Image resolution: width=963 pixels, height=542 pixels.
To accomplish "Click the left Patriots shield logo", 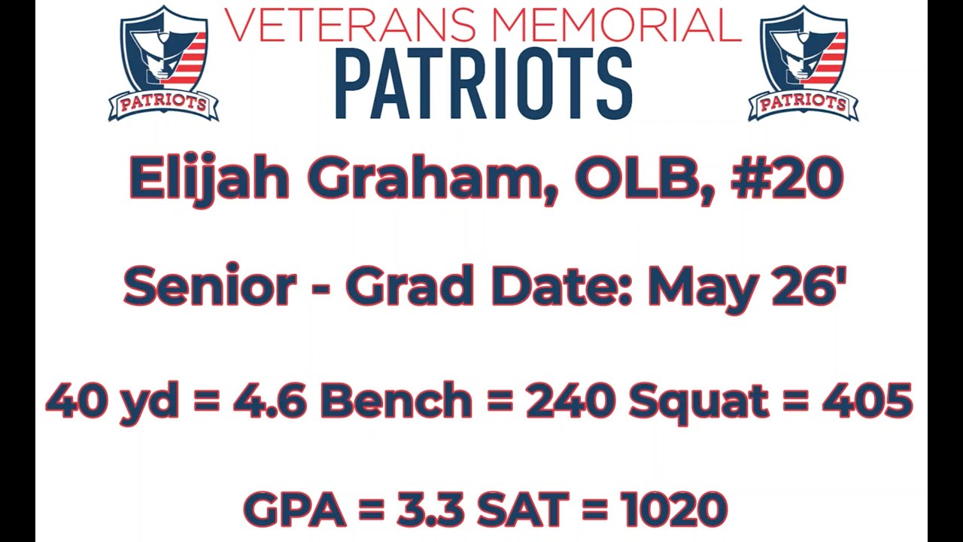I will click(163, 64).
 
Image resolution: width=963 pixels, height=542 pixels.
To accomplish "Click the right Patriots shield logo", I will click(803, 64).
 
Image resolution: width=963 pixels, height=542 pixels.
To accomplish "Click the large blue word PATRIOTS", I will click(482, 84).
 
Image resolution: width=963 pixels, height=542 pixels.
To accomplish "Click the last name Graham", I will click(427, 179).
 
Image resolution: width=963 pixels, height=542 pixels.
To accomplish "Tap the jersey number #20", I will click(787, 179).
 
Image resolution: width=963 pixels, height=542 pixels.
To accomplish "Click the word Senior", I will click(210, 287).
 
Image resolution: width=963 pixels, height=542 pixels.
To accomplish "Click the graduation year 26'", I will click(810, 287).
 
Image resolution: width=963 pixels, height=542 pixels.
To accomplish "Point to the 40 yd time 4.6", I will click(269, 401).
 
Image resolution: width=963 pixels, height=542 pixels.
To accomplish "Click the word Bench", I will click(396, 401).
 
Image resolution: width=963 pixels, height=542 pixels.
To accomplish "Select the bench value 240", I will click(570, 401).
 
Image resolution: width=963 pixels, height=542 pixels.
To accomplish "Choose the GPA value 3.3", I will click(429, 510).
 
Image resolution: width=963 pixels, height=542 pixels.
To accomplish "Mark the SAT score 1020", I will click(674, 510).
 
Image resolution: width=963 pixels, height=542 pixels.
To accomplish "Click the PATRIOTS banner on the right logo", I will click(803, 104).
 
